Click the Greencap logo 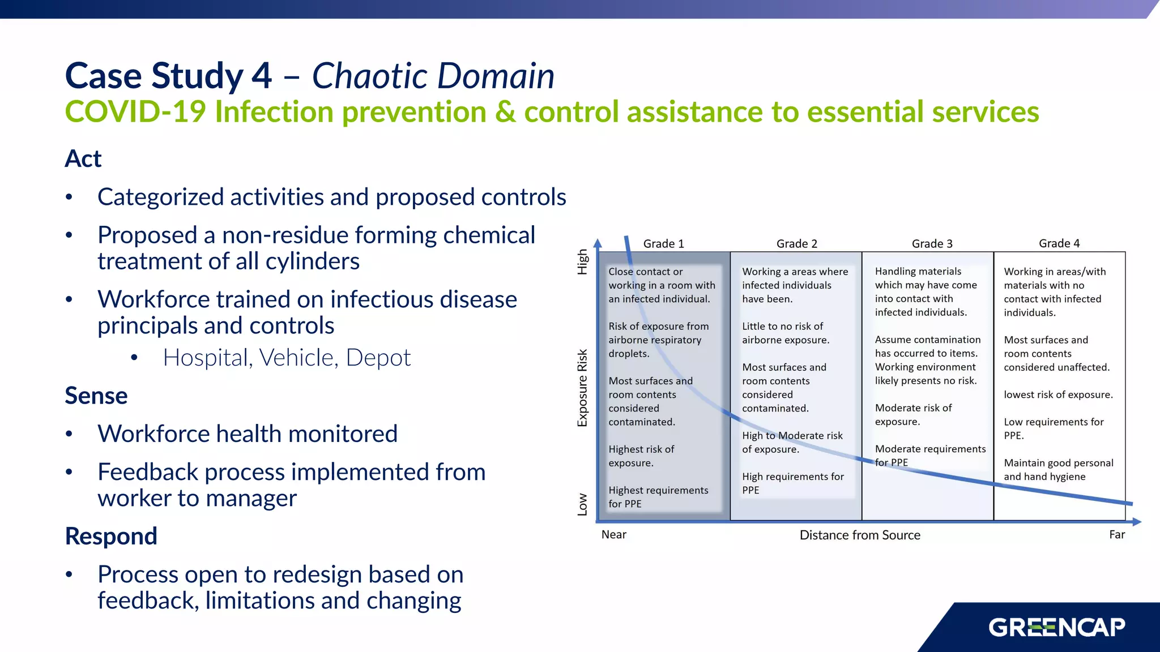tap(1057, 628)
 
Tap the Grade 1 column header tap(663, 244)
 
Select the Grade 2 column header tap(796, 244)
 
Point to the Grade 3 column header tap(932, 244)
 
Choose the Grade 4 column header tap(1059, 243)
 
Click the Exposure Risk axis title tap(582, 388)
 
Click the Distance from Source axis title tap(860, 535)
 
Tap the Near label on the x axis tap(613, 535)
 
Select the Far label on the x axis tap(1116, 535)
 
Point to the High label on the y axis tap(582, 261)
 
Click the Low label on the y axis tap(582, 504)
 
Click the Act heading tap(83, 159)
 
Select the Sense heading tap(96, 396)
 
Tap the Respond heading tap(111, 536)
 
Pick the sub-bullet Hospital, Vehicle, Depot tap(287, 358)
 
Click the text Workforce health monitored tap(248, 434)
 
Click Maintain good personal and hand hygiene tap(1058, 470)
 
